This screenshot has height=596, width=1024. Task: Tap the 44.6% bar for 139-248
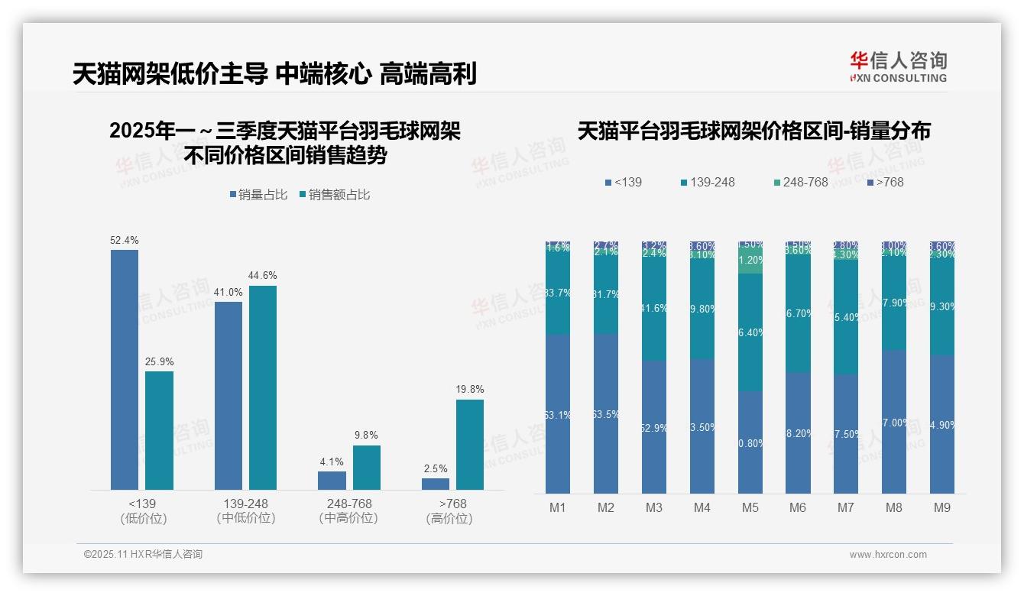click(x=263, y=387)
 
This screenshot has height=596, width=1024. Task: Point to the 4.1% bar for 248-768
click(x=332, y=480)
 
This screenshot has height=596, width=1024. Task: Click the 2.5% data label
click(x=436, y=468)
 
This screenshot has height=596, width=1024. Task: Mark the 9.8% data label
click(x=367, y=436)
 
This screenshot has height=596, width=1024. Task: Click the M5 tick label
click(x=750, y=508)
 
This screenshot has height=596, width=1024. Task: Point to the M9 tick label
click(x=941, y=508)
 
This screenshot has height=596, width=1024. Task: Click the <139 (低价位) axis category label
click(x=143, y=511)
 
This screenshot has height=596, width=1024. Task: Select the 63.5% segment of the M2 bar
click(x=605, y=413)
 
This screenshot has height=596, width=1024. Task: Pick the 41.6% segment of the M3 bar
click(x=653, y=309)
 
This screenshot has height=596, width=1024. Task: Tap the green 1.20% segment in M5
click(x=750, y=260)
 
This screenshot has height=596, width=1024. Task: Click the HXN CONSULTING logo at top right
click(x=898, y=66)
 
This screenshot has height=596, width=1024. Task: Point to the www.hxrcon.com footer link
click(x=888, y=555)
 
